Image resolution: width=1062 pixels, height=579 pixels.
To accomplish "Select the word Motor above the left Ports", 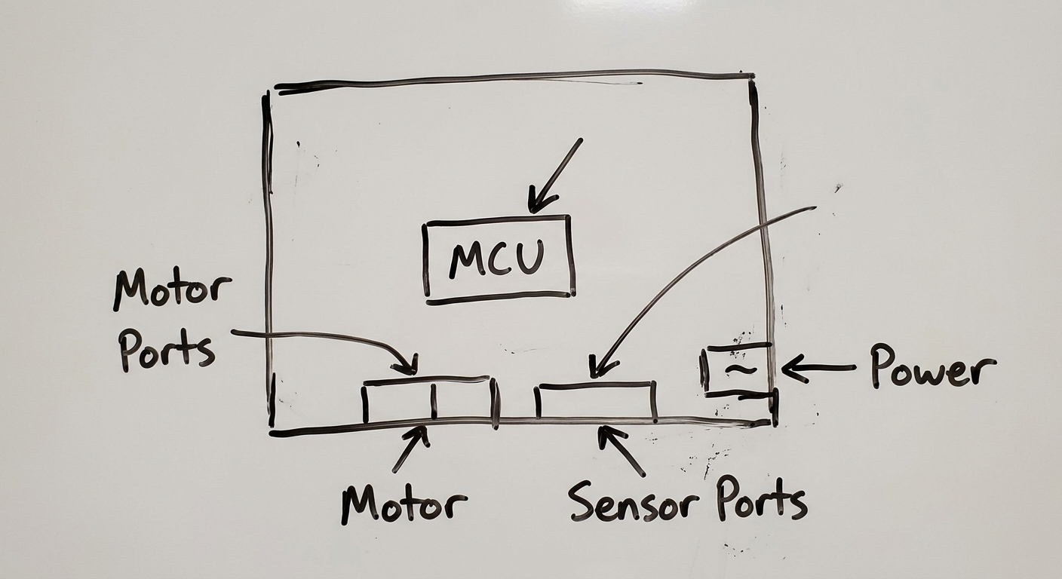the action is [x=172, y=292].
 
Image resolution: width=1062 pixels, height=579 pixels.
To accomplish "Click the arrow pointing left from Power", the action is [x=818, y=368].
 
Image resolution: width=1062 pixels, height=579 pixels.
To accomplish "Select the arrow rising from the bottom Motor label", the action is [x=411, y=449].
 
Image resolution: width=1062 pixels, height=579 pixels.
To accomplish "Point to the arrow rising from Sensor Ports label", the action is [x=621, y=451].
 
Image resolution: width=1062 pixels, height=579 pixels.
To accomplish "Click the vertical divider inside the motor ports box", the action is [x=434, y=401].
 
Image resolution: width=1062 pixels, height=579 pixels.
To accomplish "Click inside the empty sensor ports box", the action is [x=597, y=403].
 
